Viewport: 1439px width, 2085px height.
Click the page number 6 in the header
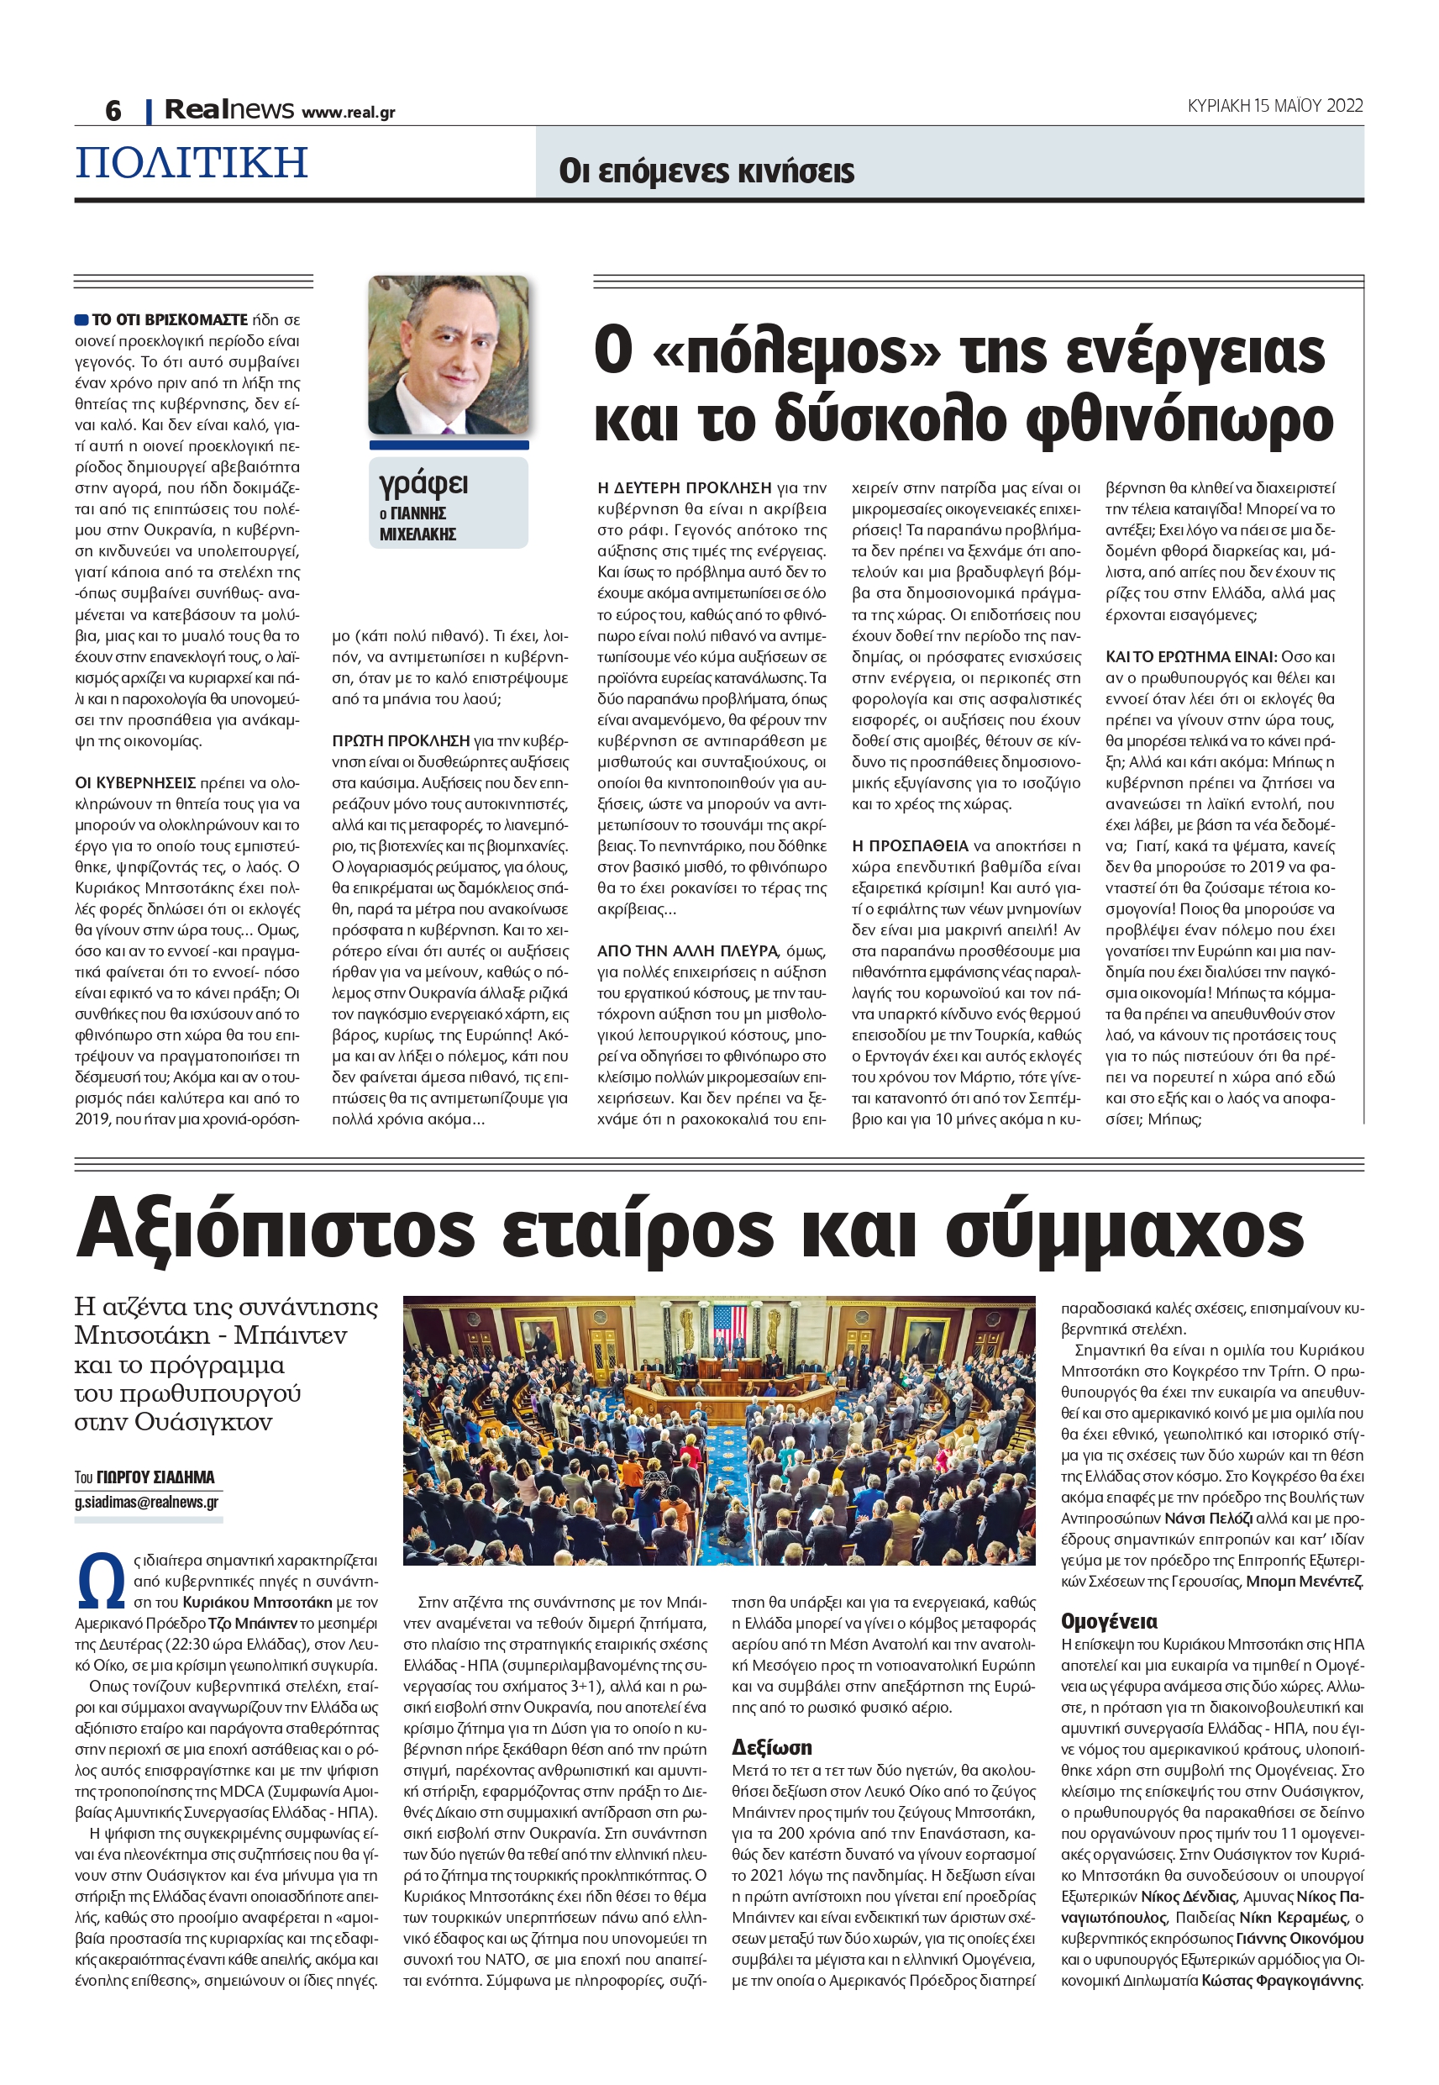113,110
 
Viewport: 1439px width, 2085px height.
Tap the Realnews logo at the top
229,109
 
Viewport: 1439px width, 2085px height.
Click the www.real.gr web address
348,113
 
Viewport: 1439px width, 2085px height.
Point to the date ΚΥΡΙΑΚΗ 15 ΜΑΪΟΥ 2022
1274,106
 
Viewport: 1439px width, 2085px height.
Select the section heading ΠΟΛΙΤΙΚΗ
192,163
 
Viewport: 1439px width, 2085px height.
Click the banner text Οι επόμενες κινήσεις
706,171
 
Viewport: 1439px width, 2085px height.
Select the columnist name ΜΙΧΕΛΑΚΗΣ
418,534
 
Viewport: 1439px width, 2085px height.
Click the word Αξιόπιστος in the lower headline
275,1229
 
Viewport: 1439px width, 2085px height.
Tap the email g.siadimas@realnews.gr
147,1503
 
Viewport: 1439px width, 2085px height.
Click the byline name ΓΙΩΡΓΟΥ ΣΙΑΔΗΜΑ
155,1477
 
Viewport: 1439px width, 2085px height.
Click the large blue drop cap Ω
101,1579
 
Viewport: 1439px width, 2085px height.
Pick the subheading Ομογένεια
1109,1620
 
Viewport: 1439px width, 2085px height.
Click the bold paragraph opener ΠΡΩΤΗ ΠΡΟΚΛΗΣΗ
401,740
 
